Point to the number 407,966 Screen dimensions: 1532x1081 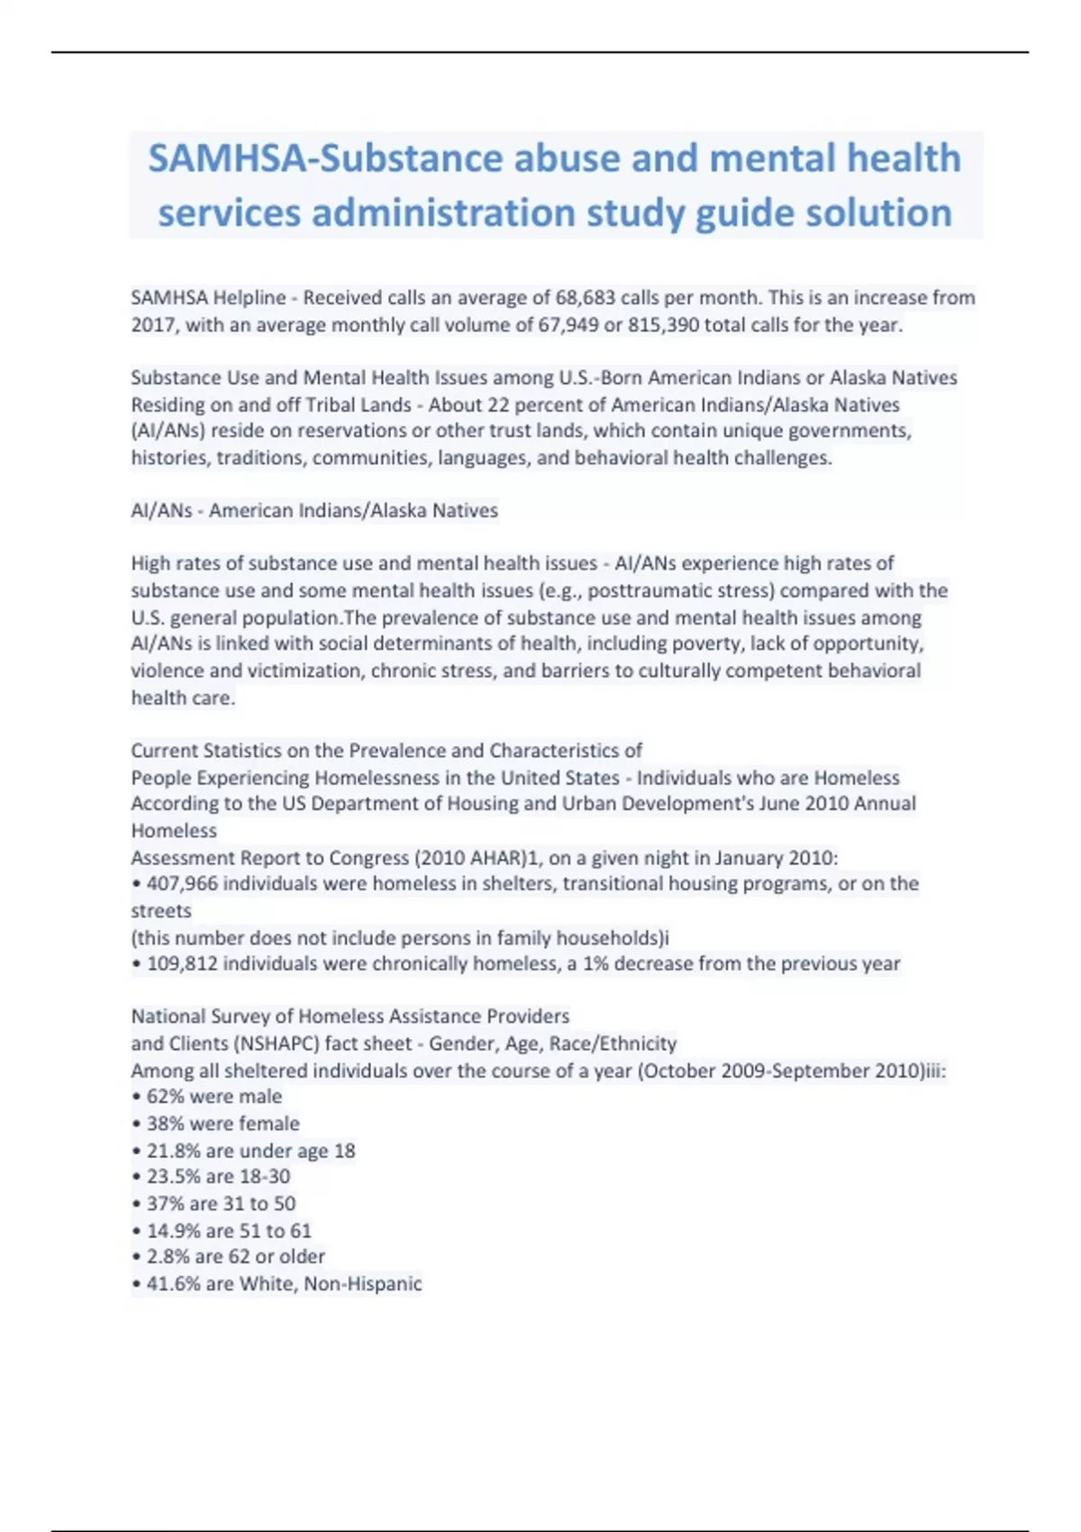tap(182, 883)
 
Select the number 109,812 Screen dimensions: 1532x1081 tap(182, 963)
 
